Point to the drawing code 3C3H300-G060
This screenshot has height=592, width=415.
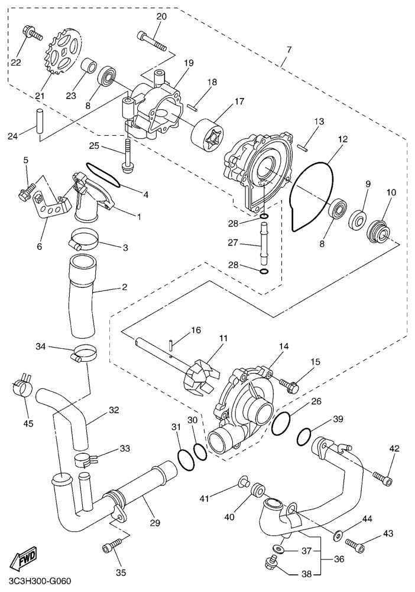pyautogui.click(x=37, y=581)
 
